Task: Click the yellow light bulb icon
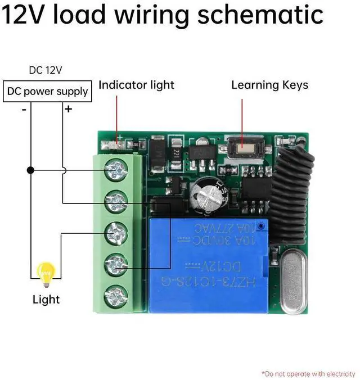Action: (44, 274)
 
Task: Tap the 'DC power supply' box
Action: (47, 91)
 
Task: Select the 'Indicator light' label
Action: (137, 85)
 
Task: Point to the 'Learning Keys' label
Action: (270, 85)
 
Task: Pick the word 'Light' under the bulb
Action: (46, 299)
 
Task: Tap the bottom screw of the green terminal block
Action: (116, 295)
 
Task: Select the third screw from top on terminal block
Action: (116, 232)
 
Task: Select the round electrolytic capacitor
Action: (205, 197)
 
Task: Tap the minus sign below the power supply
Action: (24, 110)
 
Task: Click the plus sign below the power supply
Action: (68, 109)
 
